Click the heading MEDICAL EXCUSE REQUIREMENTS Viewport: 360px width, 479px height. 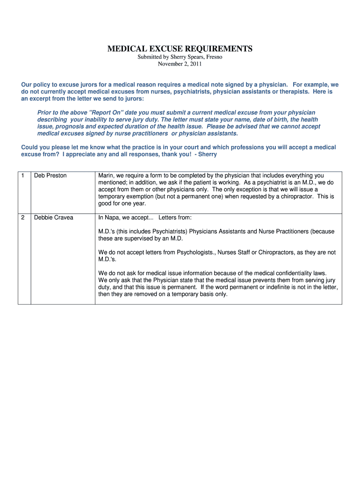(x=180, y=49)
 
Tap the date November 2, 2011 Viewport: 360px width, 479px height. (x=180, y=64)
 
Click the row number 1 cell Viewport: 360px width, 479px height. (x=22, y=175)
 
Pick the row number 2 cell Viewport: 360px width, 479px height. (x=22, y=218)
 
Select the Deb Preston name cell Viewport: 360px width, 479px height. (x=50, y=175)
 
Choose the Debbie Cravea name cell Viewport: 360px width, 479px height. (x=54, y=218)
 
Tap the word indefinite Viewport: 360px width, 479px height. (x=243, y=287)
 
